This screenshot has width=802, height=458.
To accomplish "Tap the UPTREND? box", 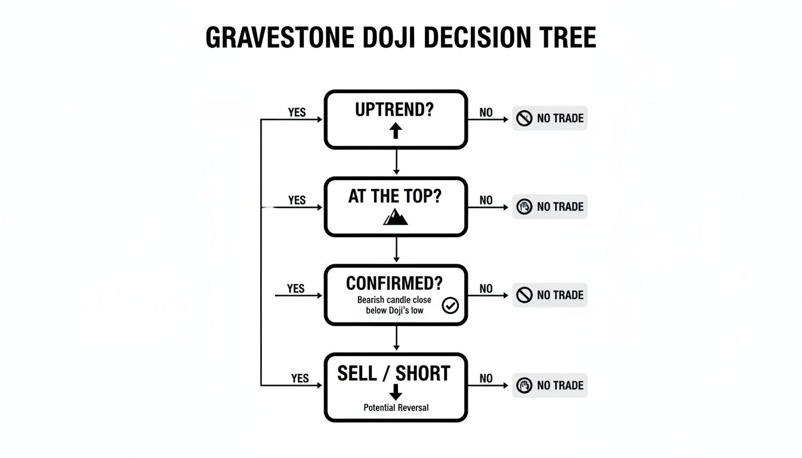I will click(396, 119).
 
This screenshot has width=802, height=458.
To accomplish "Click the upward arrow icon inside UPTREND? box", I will click(396, 131).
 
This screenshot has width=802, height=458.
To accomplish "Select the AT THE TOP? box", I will click(396, 206).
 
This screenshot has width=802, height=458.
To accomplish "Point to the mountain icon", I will click(396, 216).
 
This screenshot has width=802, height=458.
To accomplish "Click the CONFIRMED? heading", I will click(395, 283).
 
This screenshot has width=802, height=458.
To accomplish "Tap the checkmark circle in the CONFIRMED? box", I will click(450, 306).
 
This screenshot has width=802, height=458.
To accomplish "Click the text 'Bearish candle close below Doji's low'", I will click(394, 305).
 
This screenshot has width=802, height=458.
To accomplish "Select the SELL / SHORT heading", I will click(394, 373).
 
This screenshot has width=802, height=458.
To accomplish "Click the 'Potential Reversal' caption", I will click(396, 408).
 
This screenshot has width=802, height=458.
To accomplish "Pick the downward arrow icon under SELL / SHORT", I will click(396, 392).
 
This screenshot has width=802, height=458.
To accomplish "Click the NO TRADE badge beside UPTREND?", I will click(550, 118).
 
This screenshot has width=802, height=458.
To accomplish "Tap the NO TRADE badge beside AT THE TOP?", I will click(550, 206).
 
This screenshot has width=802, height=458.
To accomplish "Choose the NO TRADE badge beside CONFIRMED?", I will click(550, 295).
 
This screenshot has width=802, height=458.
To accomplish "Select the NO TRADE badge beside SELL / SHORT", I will click(550, 385).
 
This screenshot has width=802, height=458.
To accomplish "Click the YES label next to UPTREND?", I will click(297, 113).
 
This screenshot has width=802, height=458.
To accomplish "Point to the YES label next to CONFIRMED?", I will click(296, 289).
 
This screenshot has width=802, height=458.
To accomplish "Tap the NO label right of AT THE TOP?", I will click(486, 200).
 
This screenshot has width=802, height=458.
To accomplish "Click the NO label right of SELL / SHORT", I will click(486, 379).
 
